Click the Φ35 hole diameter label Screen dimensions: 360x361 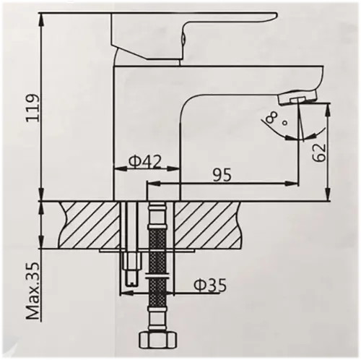(209, 286)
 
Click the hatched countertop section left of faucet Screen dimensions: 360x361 (90, 223)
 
